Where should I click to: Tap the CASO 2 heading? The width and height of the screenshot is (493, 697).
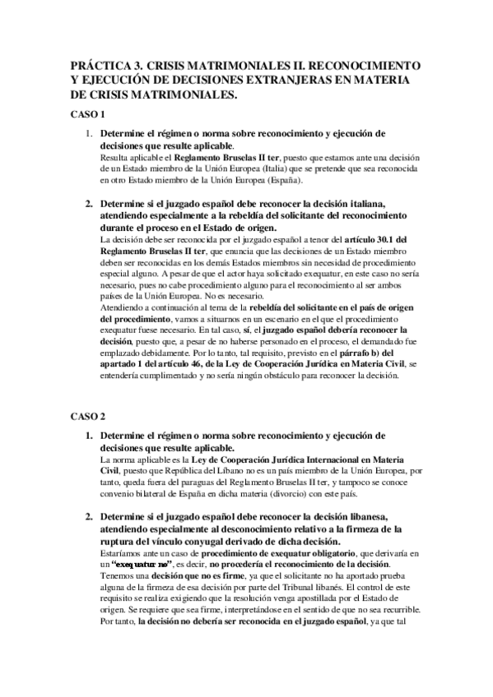85,417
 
